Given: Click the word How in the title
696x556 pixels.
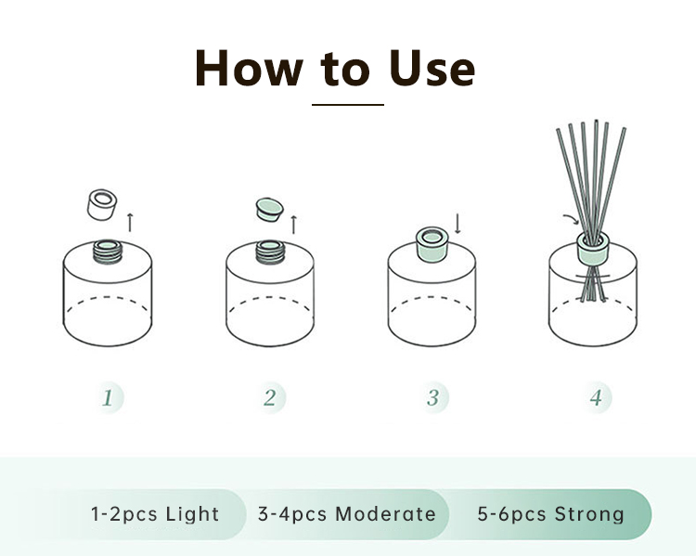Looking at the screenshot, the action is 249,68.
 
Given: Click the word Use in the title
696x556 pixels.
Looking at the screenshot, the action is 432,68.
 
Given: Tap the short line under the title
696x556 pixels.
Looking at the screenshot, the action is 348,105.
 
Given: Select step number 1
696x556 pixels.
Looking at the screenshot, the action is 108,397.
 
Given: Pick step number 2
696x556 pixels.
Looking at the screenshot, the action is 270,397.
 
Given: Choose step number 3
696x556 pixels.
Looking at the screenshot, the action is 432,397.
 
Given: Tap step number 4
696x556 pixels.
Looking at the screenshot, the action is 596,397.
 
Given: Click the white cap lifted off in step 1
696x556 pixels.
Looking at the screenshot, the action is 102,204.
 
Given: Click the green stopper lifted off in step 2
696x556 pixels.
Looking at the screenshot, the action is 269,210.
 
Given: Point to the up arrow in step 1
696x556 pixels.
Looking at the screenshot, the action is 130,223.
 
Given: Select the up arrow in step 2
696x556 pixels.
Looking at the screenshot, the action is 293,225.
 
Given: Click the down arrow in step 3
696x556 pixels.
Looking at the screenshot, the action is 458,224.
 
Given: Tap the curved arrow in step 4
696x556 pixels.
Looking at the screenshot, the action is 571,218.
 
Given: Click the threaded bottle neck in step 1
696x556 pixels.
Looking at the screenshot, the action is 108,252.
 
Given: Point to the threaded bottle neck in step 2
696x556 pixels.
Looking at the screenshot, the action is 270,252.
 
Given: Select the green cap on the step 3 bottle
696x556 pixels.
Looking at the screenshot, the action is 432,244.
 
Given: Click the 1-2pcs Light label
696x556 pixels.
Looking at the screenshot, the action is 155,514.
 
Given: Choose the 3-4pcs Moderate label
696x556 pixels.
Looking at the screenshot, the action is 347,514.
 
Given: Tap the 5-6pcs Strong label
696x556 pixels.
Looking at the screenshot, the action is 551,514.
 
